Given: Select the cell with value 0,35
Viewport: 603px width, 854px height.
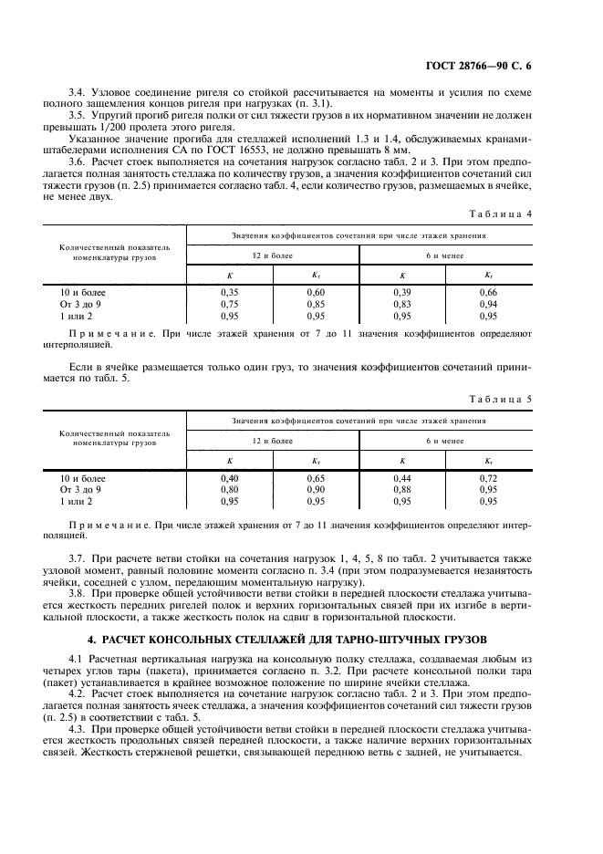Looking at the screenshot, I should click(x=229, y=293).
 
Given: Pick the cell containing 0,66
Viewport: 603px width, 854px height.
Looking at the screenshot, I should click(x=489, y=293).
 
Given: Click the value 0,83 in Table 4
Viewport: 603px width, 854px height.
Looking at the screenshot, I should click(x=402, y=304).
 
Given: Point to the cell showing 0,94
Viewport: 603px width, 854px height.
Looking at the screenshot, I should click(x=489, y=304).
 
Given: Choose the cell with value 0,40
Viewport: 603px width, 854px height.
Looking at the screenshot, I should click(x=229, y=478).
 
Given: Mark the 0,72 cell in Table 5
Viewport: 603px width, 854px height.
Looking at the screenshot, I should click(x=489, y=478).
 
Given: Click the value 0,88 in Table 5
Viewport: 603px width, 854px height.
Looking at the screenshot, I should click(x=402, y=490).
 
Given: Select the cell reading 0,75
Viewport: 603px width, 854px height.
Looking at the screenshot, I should click(x=229, y=304).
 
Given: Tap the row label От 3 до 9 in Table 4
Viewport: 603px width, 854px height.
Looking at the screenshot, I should click(x=80, y=304).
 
